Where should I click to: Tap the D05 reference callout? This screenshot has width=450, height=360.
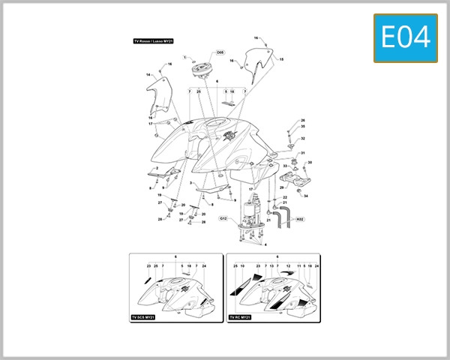tap(220, 53)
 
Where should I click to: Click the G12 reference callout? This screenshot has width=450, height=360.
tap(223, 218)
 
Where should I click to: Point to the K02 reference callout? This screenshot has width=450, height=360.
tap(300, 220)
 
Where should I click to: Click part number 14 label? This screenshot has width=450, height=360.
tap(148, 74)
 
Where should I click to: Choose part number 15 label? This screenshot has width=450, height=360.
tap(281, 58)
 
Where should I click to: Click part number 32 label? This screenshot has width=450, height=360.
tap(303, 138)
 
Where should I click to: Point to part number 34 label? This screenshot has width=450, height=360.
tap(305, 196)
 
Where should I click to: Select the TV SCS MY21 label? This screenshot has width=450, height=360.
tap(143, 317)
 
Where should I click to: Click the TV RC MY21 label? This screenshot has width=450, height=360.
tap(241, 317)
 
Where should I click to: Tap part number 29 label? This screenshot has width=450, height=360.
tap(281, 187)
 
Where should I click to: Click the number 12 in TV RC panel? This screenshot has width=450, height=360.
tap(289, 265)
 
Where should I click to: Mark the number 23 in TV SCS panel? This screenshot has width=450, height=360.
tap(148, 265)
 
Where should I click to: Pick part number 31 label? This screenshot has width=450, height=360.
tap(303, 153)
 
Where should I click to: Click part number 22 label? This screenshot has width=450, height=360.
tap(285, 197)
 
